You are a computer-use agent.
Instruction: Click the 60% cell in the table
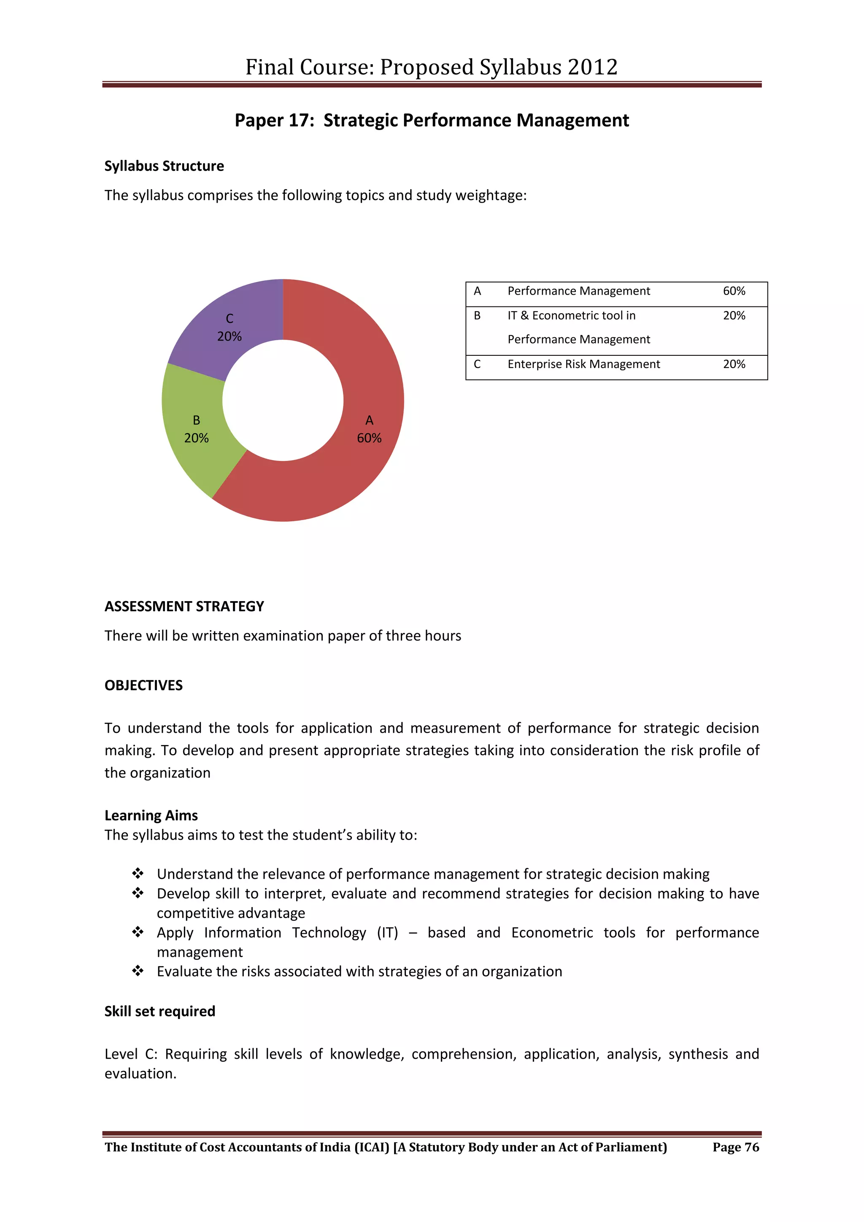tap(734, 291)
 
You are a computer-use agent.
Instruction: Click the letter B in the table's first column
tap(477, 316)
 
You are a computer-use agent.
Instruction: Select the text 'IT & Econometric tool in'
tap(571, 316)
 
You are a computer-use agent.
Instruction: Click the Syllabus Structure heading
tap(164, 166)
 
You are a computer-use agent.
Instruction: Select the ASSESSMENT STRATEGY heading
tap(184, 606)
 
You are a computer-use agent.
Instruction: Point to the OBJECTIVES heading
tap(143, 685)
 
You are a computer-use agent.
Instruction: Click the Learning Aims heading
tap(151, 816)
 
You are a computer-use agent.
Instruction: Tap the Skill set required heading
tap(159, 1011)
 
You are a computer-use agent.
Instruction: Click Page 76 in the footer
tap(736, 1147)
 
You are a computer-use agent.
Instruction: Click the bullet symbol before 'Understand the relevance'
tap(138, 873)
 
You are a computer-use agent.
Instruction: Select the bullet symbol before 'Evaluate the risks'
tap(138, 971)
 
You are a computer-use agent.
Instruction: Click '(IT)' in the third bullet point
tap(387, 932)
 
